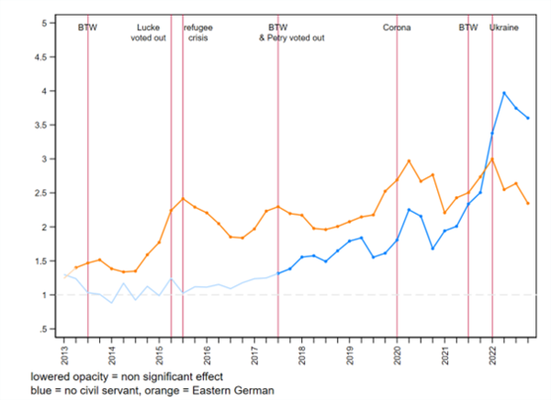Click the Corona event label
(397, 28)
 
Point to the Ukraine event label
(504, 28)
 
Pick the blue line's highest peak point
(504, 93)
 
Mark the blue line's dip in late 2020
(433, 249)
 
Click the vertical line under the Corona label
(397, 183)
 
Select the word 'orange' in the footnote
(152, 390)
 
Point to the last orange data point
(528, 204)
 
